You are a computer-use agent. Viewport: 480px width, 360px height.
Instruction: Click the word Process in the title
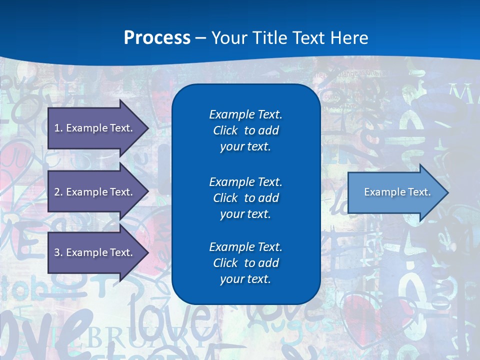[x=157, y=37]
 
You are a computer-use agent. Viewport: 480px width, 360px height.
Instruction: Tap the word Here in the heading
[x=349, y=37]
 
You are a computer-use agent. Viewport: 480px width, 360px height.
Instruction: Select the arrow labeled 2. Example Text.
[x=95, y=192]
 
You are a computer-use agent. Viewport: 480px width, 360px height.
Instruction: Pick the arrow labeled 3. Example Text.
[x=95, y=252]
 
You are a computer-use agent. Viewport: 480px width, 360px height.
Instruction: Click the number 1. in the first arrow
[x=58, y=128]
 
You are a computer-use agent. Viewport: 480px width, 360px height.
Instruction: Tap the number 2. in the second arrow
[x=58, y=192]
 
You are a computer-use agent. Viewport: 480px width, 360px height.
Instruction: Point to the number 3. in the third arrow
[x=58, y=252]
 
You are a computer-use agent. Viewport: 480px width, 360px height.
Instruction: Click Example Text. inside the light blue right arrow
[x=397, y=192]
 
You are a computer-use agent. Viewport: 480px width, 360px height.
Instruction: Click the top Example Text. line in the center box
[x=245, y=114]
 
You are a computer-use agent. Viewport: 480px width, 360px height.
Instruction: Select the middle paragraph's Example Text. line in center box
[x=245, y=181]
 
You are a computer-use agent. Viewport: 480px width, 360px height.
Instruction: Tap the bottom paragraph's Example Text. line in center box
[x=245, y=246]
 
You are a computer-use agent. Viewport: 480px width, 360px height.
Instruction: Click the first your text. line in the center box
[x=245, y=147]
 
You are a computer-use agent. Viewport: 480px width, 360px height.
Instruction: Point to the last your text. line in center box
[x=245, y=279]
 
